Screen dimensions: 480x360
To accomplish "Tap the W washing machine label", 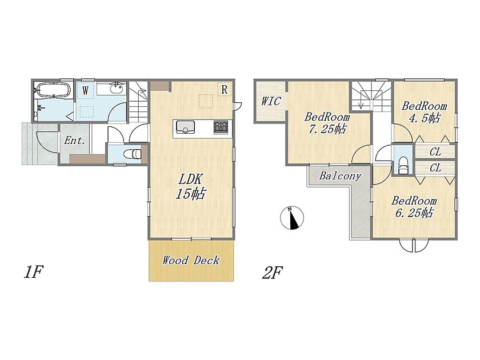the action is [85, 91].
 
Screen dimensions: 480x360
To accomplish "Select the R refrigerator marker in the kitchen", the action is [225, 90].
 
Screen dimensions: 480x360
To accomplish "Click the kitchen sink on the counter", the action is [185, 127].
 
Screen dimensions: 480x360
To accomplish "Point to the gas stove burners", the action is [221, 127].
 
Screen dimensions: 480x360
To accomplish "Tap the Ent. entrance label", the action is [74, 141].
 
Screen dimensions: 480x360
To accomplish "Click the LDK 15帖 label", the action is [190, 186].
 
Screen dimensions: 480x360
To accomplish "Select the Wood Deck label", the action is [191, 261].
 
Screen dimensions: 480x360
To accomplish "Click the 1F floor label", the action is [33, 272].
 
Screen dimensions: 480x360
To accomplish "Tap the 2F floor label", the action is [272, 273].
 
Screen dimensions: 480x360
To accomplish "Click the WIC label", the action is [271, 101].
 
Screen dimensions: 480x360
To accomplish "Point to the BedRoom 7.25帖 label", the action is [327, 123].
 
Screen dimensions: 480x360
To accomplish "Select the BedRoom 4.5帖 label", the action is [424, 112].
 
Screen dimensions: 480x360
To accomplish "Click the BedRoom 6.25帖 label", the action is [414, 207].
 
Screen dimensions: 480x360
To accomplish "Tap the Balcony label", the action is [340, 176].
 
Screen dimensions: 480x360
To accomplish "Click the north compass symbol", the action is [292, 218].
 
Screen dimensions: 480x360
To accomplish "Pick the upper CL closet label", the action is [435, 152].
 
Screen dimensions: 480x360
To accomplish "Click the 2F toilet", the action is [403, 165].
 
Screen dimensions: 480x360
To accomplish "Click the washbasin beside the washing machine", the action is [117, 88].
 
